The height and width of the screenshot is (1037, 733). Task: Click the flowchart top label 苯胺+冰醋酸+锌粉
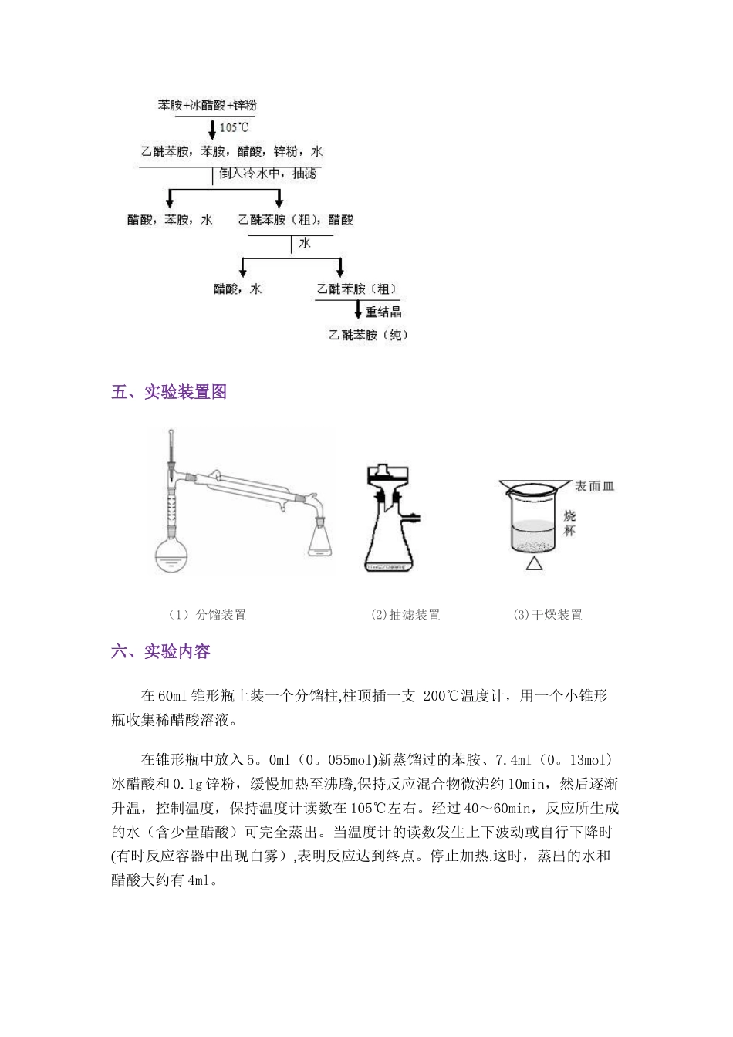point(207,106)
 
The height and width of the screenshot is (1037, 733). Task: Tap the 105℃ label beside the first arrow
point(235,128)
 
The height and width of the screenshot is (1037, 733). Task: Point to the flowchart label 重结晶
point(383,312)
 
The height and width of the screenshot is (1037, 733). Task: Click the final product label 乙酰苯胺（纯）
point(369,336)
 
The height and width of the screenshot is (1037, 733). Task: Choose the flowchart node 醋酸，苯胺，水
point(170,220)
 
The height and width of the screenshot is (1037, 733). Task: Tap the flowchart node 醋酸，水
point(238,289)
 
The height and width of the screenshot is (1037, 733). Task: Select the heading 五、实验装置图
point(169,392)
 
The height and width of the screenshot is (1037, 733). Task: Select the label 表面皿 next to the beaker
point(595,486)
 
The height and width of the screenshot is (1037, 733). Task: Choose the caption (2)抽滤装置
point(405,615)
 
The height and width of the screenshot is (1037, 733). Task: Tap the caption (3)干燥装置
point(548,615)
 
